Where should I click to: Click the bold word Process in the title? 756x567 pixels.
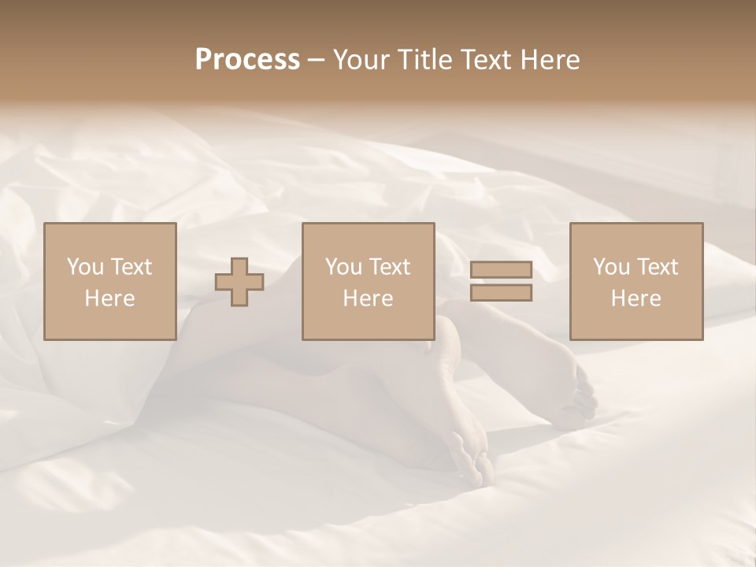[247, 60]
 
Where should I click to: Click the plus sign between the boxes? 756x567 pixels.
[239, 282]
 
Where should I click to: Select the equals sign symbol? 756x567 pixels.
[501, 281]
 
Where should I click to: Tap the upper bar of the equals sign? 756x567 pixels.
[501, 270]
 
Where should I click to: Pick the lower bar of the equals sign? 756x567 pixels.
[501, 292]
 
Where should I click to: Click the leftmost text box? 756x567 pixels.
[110, 281]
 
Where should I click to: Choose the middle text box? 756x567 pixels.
[368, 281]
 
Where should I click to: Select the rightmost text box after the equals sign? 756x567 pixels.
[636, 281]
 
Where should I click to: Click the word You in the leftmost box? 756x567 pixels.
[85, 267]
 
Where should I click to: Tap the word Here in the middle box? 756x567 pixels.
[368, 298]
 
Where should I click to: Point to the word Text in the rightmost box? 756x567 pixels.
[657, 267]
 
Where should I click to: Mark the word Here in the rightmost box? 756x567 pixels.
[636, 298]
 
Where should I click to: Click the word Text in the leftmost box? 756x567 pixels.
[131, 267]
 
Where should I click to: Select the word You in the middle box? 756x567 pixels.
[343, 267]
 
